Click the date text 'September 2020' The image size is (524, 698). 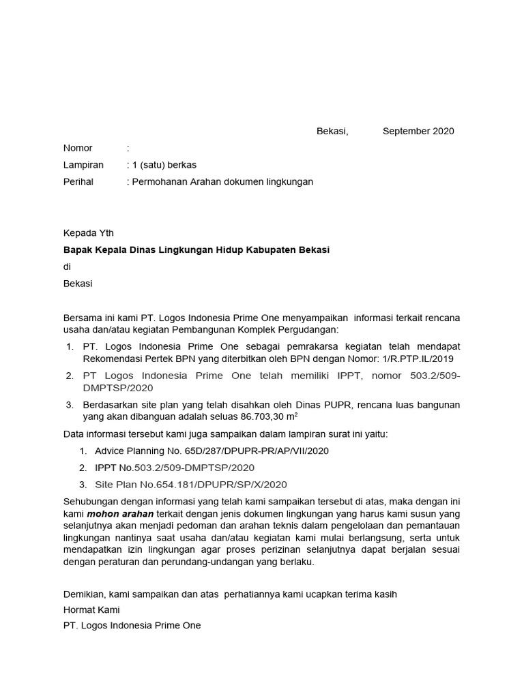(418, 131)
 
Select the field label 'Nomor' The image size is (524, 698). (78, 148)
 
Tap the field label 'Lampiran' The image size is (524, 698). (83, 165)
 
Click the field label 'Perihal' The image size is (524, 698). (78, 182)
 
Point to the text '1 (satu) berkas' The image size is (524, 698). (164, 165)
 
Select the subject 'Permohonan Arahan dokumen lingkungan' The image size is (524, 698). (222, 182)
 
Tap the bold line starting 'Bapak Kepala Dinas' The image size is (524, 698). (196, 250)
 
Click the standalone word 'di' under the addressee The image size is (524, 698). (67, 267)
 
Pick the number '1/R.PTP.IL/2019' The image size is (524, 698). (417, 358)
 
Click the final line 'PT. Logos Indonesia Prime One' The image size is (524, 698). (132, 625)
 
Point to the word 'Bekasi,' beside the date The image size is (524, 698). (332, 131)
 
